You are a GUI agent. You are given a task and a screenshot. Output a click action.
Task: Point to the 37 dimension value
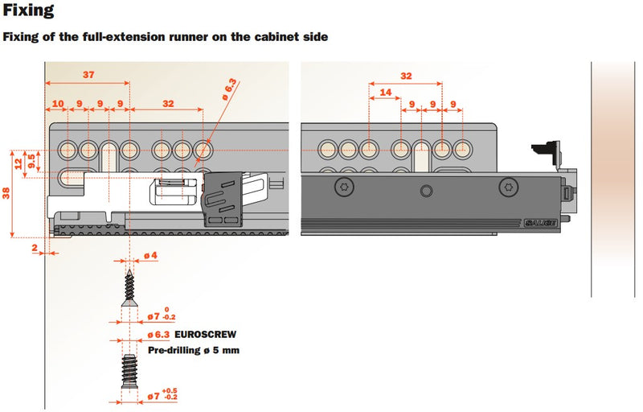(88, 74)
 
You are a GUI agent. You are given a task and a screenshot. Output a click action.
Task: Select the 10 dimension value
(58, 104)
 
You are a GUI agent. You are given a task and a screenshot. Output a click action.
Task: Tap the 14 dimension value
(387, 93)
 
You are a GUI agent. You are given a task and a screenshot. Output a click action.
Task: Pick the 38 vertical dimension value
(6, 193)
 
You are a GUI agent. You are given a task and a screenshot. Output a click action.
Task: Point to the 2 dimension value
(35, 249)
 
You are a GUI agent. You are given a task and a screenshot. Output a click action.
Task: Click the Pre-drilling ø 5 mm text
(194, 350)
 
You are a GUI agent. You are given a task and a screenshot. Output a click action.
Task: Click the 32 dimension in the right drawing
(406, 75)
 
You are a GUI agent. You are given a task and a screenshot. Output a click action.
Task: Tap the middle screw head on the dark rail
(425, 191)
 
